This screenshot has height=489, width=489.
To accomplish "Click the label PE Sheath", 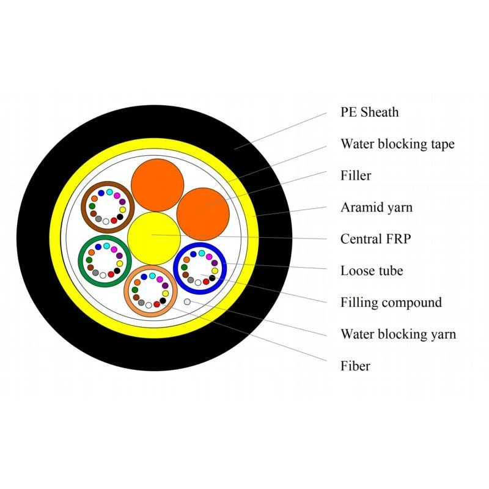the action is [x=369, y=112].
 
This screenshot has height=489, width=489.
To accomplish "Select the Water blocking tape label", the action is [x=397, y=144].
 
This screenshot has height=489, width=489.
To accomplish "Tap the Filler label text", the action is [x=356, y=175].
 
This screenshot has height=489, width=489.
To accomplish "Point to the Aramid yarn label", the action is [x=377, y=207].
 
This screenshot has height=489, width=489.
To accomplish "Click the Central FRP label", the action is [x=375, y=239].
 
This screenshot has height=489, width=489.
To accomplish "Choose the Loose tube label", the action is [x=372, y=270].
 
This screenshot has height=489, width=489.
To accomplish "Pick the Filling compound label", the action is [x=391, y=303].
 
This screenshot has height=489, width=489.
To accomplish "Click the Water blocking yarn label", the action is [x=398, y=334].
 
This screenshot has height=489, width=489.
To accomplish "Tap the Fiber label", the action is [x=355, y=366].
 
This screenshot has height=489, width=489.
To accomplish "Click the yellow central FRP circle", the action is [x=154, y=238].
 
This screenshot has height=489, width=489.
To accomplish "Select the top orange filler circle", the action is [x=157, y=185].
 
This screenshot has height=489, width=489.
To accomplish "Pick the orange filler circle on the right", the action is [x=203, y=215].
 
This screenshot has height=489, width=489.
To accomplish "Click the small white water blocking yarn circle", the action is [x=187, y=301].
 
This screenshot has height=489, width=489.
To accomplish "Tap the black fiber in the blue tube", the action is [x=212, y=278].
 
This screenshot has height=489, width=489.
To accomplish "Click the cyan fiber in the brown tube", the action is [x=109, y=192].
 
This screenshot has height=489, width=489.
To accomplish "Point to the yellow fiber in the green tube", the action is [x=120, y=263].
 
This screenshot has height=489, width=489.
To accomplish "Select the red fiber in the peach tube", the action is [x=157, y=304].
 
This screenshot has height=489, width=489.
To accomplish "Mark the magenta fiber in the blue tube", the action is [x=209, y=257].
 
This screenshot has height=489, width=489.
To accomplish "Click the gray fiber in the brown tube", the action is [x=98, y=219].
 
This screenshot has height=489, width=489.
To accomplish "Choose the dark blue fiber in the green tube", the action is [x=98, y=247].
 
